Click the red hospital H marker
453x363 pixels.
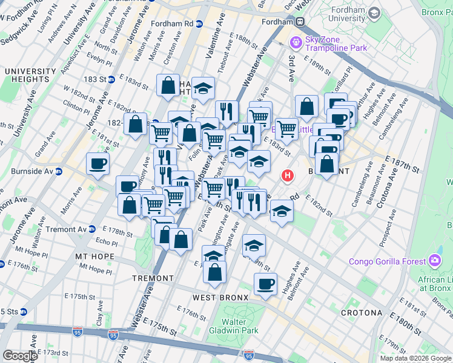[x=288, y=176]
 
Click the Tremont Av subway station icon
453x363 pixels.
[x=91, y=229]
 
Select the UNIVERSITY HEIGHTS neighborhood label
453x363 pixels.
[x=27, y=75]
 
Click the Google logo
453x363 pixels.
[x=19, y=356]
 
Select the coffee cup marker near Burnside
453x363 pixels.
[x=98, y=163]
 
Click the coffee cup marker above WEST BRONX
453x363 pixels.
[x=265, y=283]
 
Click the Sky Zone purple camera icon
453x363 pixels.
[x=296, y=42]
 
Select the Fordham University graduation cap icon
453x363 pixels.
[x=374, y=13]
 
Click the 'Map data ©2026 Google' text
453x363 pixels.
[x=415, y=358]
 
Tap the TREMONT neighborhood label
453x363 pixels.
[x=153, y=278]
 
